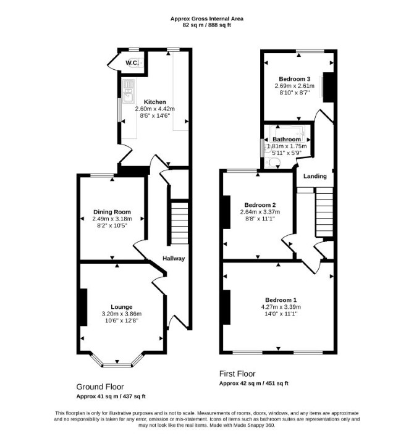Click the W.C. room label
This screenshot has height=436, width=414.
(132, 63)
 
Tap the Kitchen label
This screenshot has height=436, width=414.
(154, 102)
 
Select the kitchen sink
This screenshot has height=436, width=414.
(129, 91)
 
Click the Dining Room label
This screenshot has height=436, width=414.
(112, 212)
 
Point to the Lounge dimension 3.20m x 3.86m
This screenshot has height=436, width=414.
(122, 314)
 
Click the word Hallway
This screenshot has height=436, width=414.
(174, 258)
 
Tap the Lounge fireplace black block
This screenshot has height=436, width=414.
(83, 307)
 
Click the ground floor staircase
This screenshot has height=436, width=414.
(179, 224)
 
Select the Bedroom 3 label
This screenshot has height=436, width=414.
(295, 79)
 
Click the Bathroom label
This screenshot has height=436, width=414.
(287, 139)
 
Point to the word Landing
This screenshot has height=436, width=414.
(315, 176)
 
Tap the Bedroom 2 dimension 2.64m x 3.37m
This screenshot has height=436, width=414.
(260, 212)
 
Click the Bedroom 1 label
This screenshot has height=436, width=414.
(281, 300)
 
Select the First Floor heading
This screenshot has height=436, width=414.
(237, 374)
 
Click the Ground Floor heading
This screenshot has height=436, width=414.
(100, 387)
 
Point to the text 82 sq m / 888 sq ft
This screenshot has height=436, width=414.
(207, 25)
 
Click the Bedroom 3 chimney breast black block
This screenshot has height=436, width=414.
(328, 87)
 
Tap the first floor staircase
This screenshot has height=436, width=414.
(324, 212)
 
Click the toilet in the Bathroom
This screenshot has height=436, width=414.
(272, 162)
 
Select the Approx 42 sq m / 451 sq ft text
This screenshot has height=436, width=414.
(254, 384)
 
